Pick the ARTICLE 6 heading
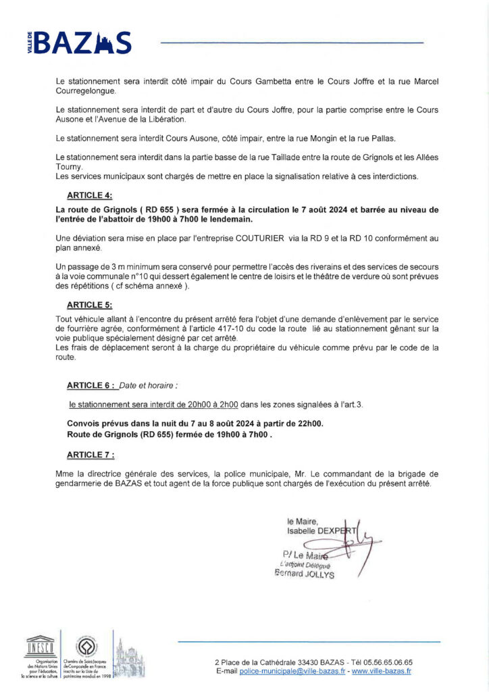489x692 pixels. click(91, 385)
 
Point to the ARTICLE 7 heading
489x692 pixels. click(91, 454)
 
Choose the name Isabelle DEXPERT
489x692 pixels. click(321, 530)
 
